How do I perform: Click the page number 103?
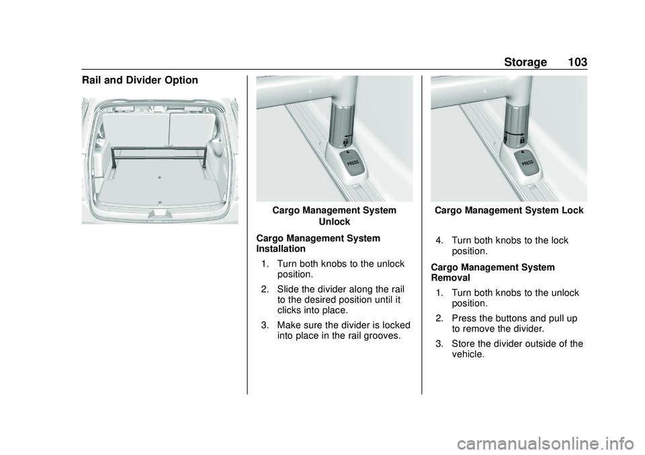click(x=576, y=62)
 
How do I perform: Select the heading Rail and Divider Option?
click(x=140, y=81)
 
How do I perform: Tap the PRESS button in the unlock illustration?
click(x=351, y=163)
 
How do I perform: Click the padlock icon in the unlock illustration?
click(x=345, y=142)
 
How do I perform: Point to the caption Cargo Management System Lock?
click(x=509, y=210)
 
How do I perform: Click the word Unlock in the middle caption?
click(x=334, y=221)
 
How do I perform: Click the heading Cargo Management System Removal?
click(x=492, y=272)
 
